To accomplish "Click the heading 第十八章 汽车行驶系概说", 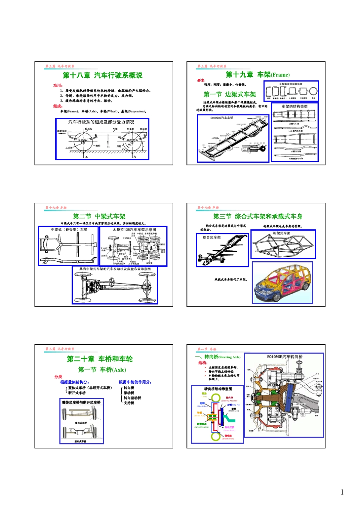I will [102, 75].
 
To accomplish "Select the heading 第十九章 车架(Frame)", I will [257, 75].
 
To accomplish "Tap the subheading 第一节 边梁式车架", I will [230, 94].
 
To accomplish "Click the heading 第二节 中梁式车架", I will [99, 216].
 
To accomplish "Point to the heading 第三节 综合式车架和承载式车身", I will [257, 216].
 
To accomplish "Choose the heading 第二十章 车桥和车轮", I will [100, 359].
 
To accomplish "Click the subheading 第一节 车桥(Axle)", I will [102, 369].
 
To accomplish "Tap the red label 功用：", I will [58, 85].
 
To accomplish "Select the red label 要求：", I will [201, 80].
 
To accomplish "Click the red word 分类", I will [58, 377].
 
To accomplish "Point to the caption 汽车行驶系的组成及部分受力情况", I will [101, 122].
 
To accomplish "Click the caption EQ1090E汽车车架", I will [222, 118].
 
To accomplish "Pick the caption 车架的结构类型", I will [294, 107].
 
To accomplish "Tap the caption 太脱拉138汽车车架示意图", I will [134, 229].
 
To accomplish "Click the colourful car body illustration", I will [282, 282].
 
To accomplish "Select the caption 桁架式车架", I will [282, 233].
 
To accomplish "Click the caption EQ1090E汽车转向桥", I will [285, 356].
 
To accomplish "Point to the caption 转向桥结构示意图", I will [218, 389].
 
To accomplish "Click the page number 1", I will [342, 492].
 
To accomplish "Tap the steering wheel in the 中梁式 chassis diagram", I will [112, 282].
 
